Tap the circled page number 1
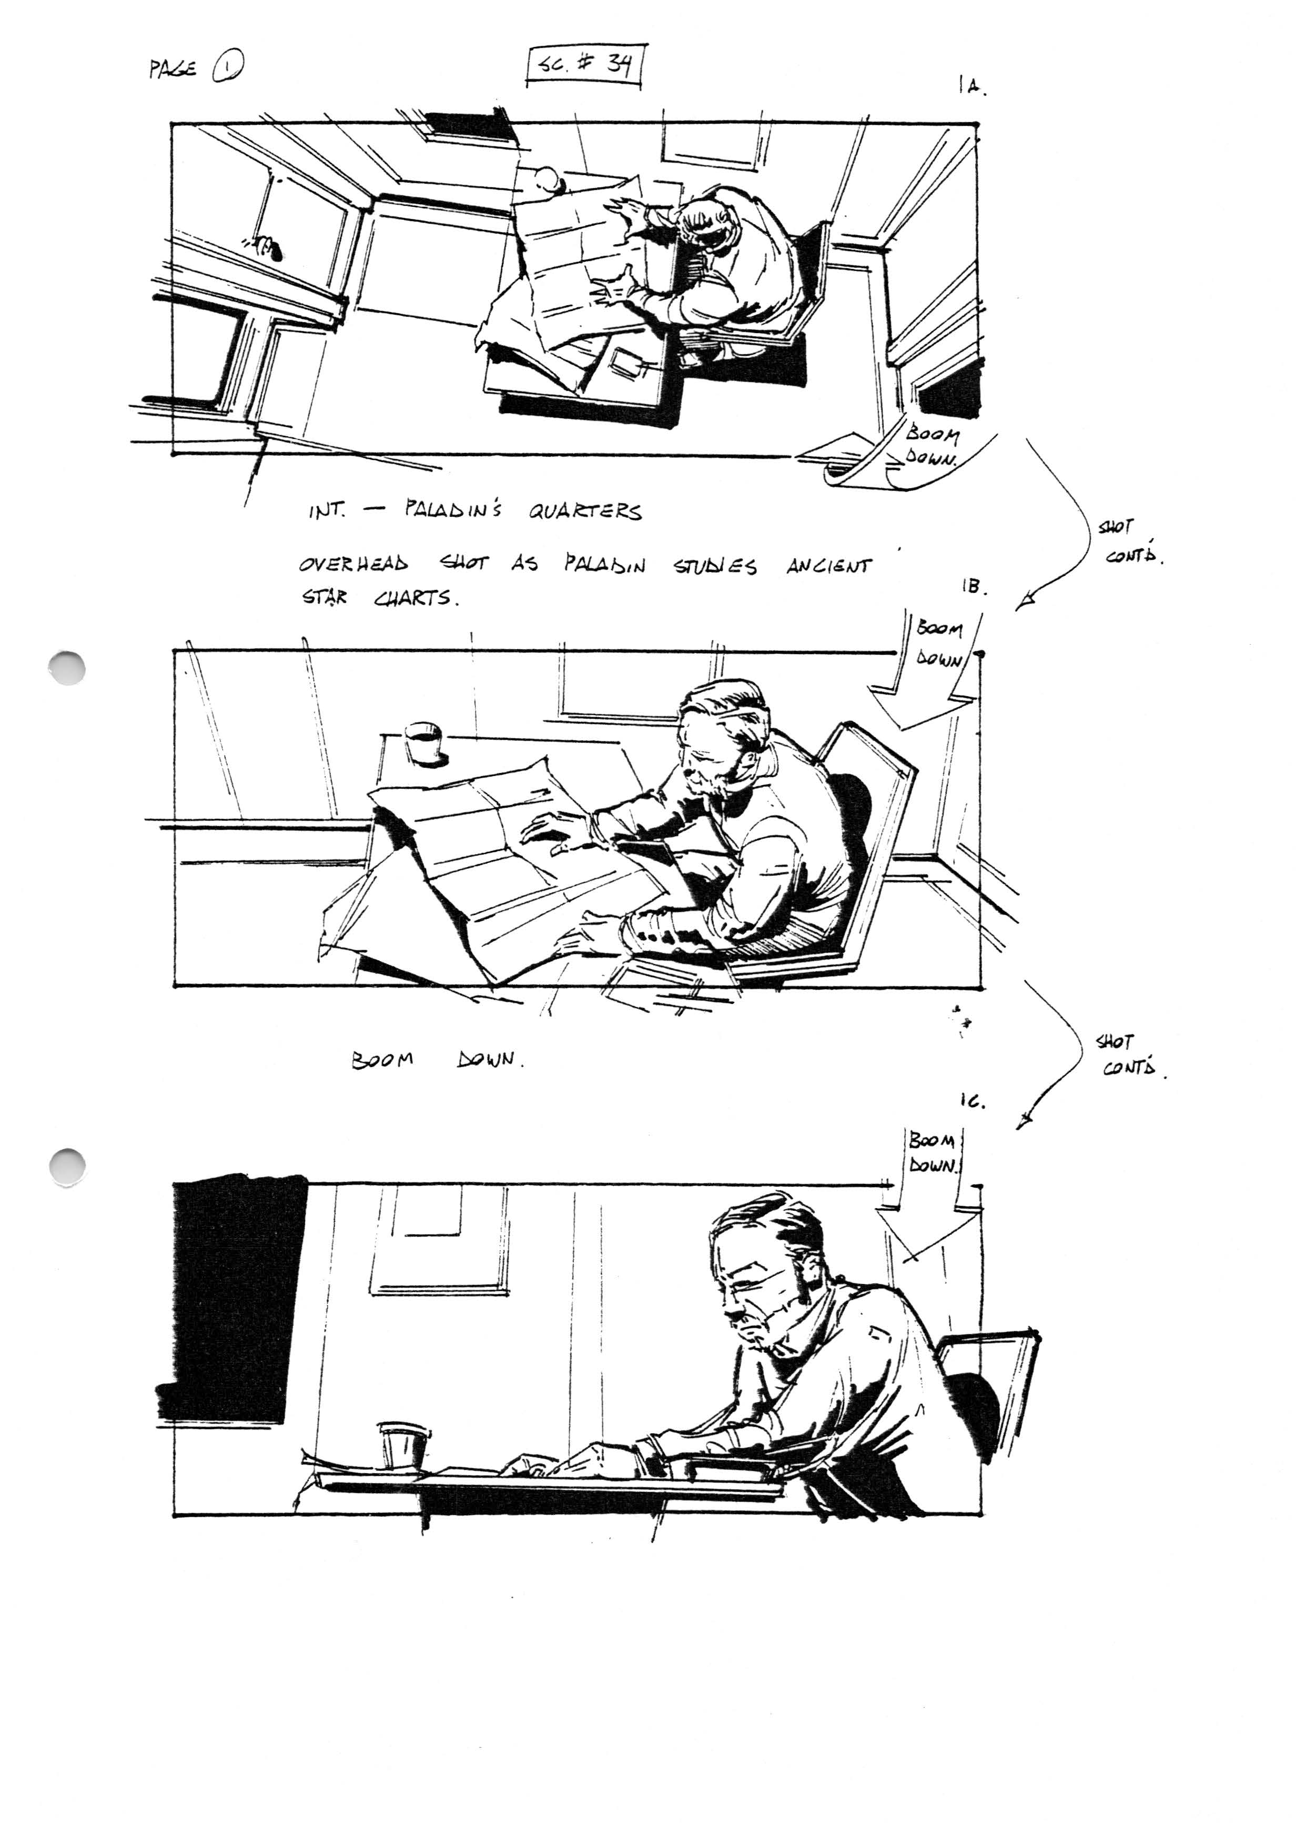(228, 68)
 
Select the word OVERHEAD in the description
(354, 564)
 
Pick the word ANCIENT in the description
(829, 566)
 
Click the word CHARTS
(416, 599)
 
